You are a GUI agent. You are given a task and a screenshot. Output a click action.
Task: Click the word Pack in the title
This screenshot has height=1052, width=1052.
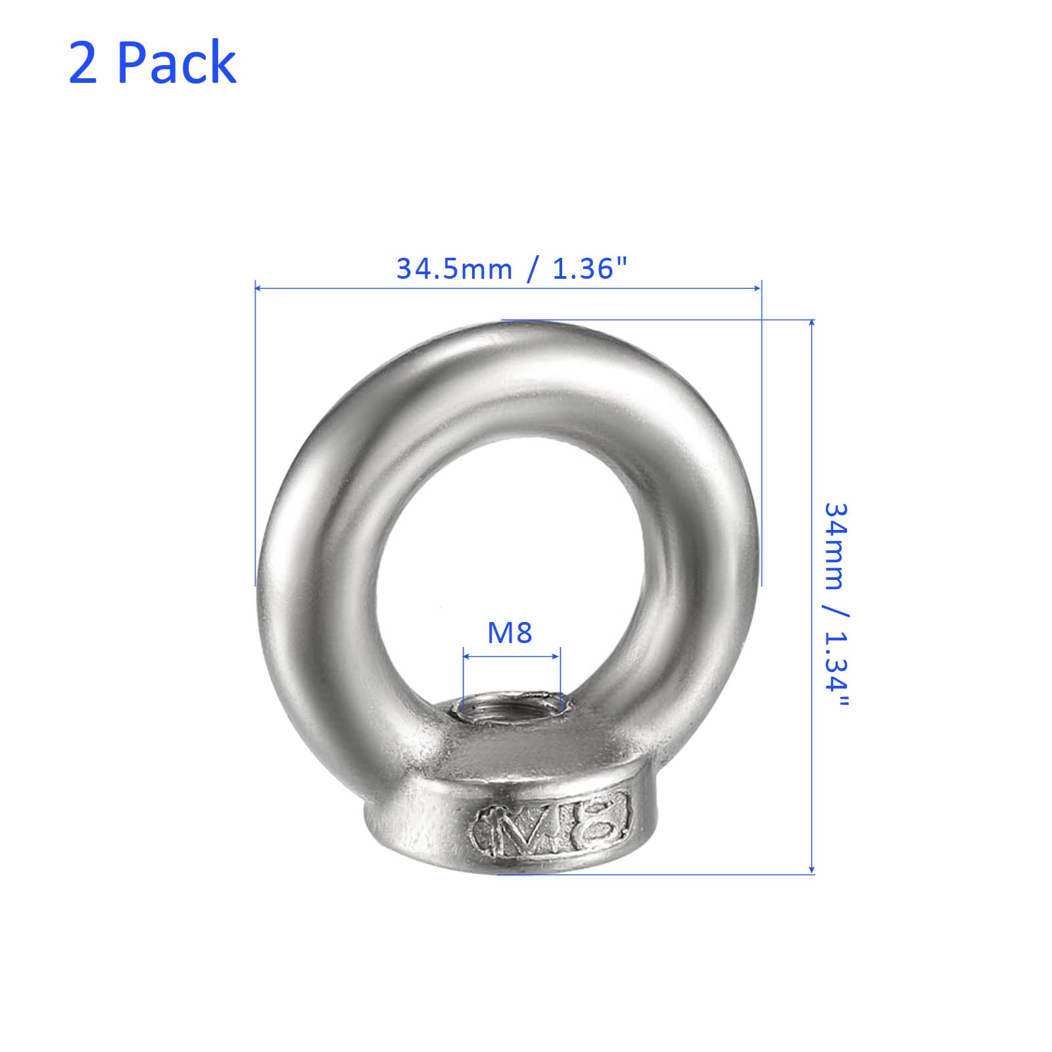point(177,62)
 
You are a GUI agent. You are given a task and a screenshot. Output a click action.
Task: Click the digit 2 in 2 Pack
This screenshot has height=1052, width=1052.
point(83,62)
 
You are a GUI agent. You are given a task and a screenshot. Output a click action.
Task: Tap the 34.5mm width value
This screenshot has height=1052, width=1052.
point(454,269)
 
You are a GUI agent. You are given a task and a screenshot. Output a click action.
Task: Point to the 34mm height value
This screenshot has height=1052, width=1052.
point(836,546)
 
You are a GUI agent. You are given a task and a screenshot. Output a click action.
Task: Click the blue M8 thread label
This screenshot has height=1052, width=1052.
point(510,633)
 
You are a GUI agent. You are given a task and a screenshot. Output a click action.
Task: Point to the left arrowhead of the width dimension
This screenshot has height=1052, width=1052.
point(259,288)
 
